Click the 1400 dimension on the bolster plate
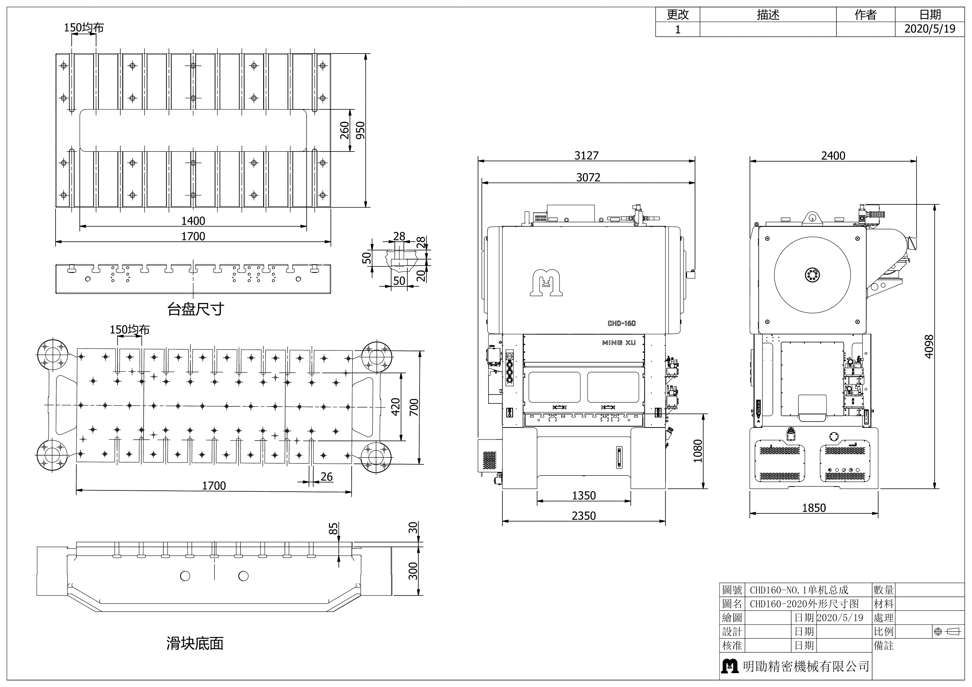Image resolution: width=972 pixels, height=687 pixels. (193, 220)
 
